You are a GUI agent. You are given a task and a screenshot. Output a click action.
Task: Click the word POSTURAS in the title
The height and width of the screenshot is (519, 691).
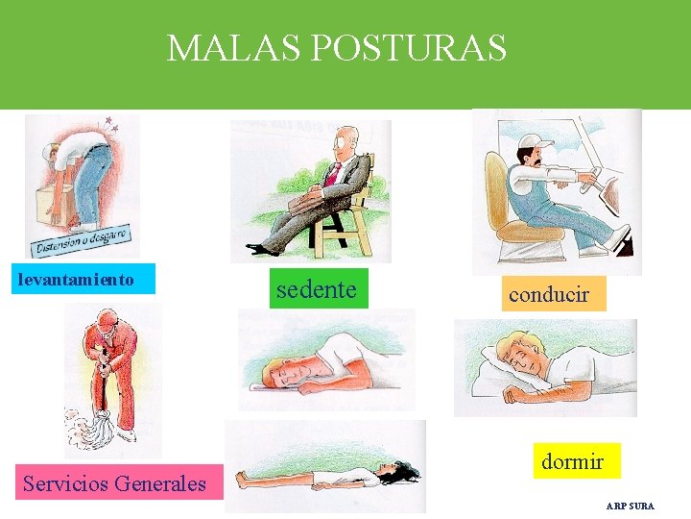point(401,47)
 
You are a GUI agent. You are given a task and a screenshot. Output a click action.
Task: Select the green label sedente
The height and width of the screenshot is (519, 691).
point(316,288)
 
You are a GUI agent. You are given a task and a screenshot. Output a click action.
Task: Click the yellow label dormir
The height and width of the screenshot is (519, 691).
point(572,461)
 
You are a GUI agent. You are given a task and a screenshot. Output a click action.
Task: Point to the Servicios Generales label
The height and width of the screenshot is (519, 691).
point(114,483)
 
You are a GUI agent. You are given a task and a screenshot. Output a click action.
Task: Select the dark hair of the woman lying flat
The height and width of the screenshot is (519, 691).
point(403,472)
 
